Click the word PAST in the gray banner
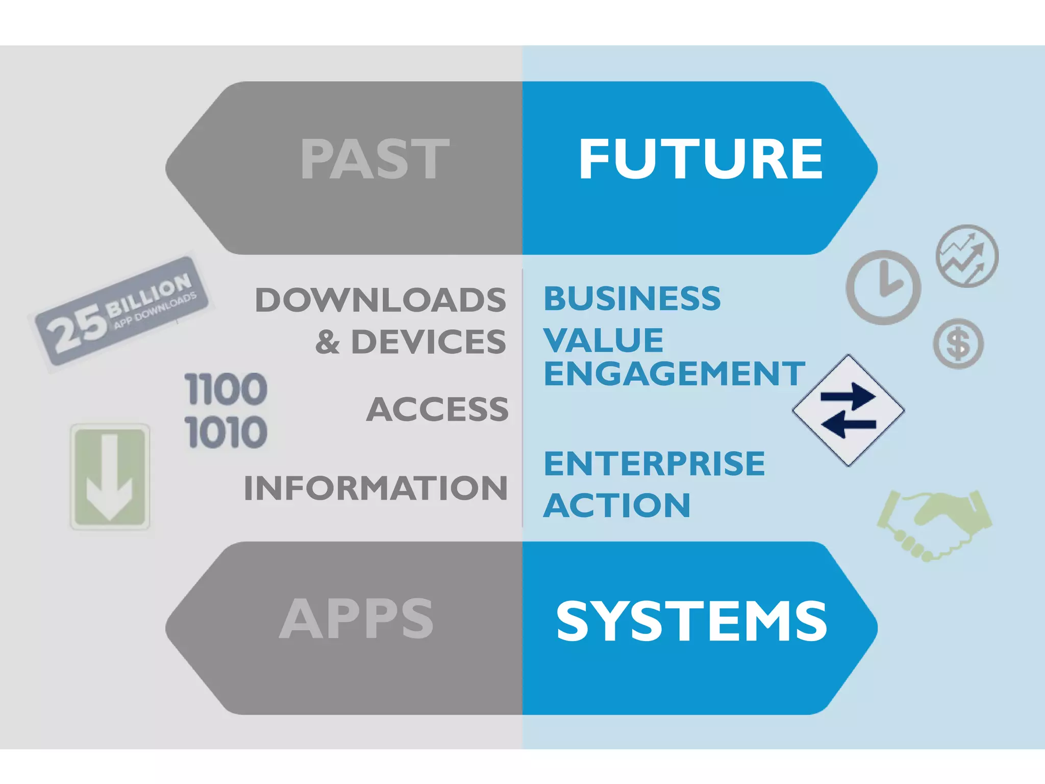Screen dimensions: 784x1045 click(x=375, y=160)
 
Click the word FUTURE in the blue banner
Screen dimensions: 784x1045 click(x=701, y=160)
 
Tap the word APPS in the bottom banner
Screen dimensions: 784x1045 click(x=356, y=619)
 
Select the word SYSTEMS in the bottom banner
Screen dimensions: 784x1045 click(x=691, y=621)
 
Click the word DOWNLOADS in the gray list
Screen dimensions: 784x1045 click(x=381, y=300)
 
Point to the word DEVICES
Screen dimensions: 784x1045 click(x=429, y=341)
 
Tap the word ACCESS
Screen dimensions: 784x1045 click(x=437, y=409)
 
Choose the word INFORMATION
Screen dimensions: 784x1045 click(x=376, y=488)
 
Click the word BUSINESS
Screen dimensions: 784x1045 click(x=632, y=298)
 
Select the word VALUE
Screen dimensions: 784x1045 click(x=603, y=340)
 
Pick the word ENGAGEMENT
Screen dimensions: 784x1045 click(x=674, y=374)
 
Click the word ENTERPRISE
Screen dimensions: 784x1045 click(x=654, y=463)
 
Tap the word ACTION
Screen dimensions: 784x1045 click(x=617, y=505)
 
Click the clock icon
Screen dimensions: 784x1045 click(x=883, y=287)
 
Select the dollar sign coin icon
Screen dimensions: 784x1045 click(x=958, y=344)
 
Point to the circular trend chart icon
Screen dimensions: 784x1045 click(x=967, y=256)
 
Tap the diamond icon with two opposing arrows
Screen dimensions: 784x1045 click(x=848, y=410)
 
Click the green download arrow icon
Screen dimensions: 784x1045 click(x=110, y=477)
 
